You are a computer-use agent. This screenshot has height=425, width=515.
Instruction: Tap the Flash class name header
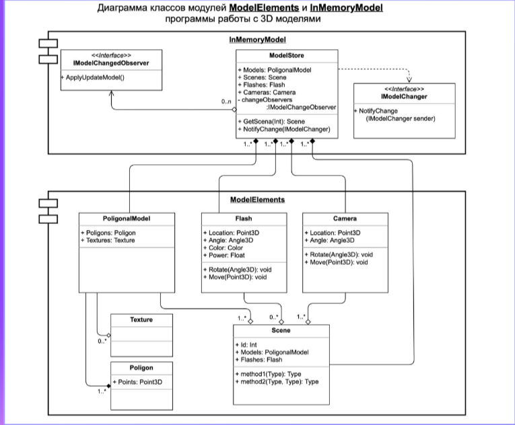click(244, 219)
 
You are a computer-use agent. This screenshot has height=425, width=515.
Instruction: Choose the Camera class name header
click(345, 219)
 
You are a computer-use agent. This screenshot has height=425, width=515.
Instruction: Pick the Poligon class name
click(141, 368)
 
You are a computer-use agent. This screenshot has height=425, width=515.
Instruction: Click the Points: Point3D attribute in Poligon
click(141, 381)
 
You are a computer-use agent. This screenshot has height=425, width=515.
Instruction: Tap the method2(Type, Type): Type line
click(277, 381)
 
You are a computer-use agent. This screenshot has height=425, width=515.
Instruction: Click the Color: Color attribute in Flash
click(225, 247)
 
